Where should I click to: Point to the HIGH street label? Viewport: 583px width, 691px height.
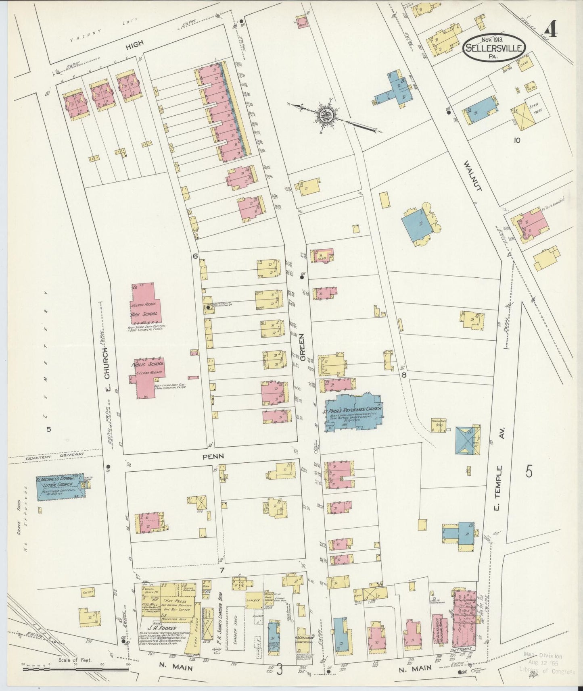point(134,46)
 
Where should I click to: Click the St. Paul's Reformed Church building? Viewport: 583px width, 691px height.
point(353,412)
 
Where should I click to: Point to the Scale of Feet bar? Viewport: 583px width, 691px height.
point(75,668)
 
